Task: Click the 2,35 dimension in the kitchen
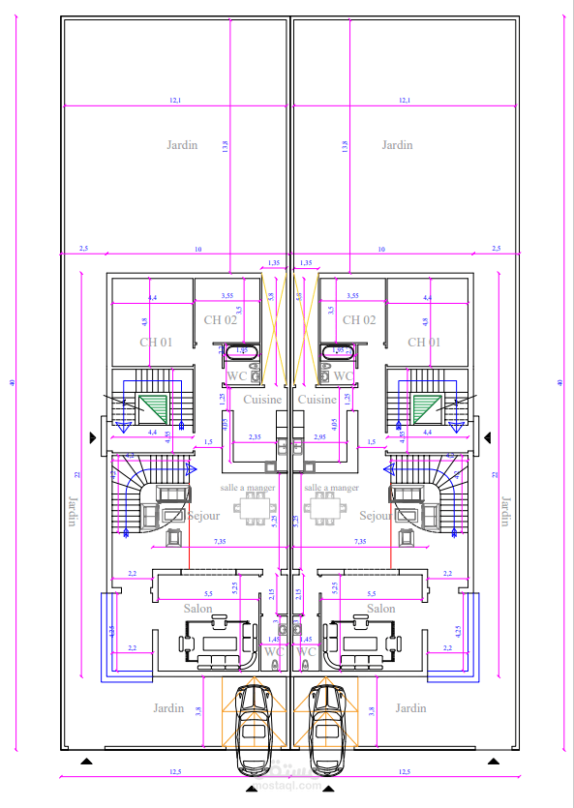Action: tap(255, 437)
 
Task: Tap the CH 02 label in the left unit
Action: tap(220, 319)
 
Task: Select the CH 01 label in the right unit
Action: tap(424, 343)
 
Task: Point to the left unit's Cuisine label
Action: tap(261, 400)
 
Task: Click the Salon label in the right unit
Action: tap(381, 609)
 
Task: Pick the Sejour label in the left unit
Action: tap(203, 516)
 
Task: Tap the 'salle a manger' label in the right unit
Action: tap(331, 488)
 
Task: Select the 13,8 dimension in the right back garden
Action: tap(345, 145)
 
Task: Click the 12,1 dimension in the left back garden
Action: tap(175, 101)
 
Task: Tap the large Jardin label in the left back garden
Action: tap(181, 145)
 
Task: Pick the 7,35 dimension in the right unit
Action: tap(360, 541)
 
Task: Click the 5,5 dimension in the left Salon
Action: tap(207, 593)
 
